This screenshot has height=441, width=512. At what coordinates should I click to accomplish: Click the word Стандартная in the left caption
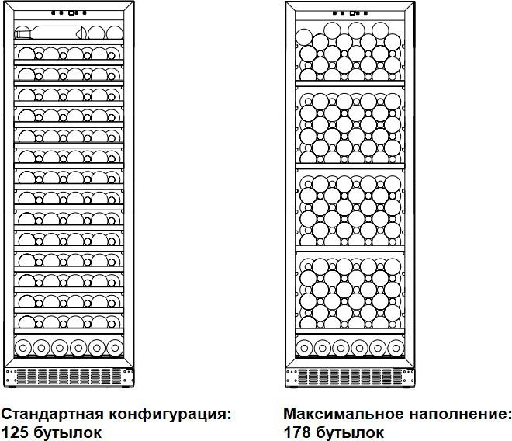(x=54, y=414)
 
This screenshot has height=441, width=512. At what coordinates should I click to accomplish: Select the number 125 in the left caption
(x=15, y=432)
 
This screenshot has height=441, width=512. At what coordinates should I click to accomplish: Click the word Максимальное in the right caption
(x=344, y=414)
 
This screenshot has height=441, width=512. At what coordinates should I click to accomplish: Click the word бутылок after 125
(x=67, y=432)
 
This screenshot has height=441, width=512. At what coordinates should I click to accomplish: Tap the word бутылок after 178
(x=350, y=432)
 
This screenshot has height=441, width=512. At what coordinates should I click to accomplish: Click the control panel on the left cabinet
(x=69, y=12)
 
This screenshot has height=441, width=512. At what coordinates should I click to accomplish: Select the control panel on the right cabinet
(x=351, y=13)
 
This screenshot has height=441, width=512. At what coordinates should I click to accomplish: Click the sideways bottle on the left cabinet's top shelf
(x=50, y=33)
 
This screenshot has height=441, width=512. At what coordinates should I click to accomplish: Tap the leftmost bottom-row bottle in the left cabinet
(x=22, y=348)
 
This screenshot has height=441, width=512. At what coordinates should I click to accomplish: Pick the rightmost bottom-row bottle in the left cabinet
(x=115, y=348)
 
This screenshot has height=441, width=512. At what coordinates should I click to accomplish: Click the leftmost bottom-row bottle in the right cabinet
(x=304, y=348)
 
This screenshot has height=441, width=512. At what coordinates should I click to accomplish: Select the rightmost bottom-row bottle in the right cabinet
(x=396, y=348)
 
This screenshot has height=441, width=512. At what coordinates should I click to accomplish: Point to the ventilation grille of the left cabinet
(x=69, y=377)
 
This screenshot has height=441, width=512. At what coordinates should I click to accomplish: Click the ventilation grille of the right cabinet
(x=351, y=377)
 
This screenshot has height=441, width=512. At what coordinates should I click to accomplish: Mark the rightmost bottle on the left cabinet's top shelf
(x=115, y=33)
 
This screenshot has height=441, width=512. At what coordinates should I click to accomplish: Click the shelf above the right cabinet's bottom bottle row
(x=350, y=332)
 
